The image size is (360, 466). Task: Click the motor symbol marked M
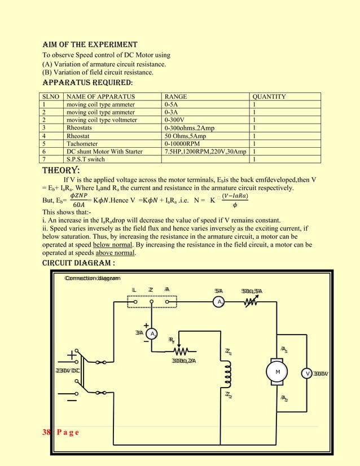point(278,373)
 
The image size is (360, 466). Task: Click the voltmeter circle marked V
point(308,373)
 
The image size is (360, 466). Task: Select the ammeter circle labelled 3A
point(153,333)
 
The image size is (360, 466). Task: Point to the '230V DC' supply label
point(67,370)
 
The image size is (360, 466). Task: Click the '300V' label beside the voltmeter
point(322,373)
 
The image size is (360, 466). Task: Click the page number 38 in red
point(46,432)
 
